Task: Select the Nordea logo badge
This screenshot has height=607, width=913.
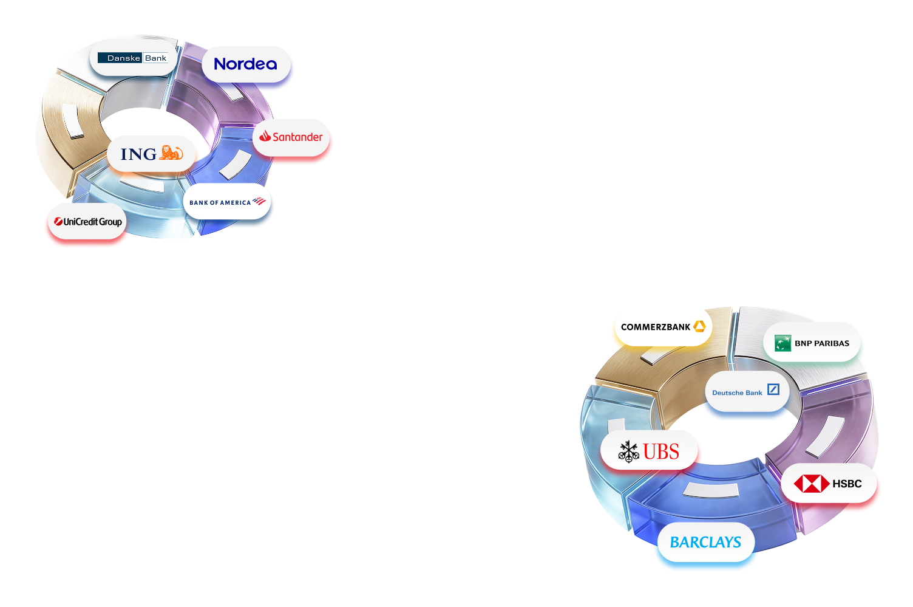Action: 246,64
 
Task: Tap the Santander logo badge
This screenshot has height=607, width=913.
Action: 291,137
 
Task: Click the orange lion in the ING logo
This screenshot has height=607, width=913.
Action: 171,153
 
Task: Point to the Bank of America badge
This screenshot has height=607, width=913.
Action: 228,202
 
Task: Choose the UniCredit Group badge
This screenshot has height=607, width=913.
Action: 86,222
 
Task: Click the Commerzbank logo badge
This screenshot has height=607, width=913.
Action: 662,327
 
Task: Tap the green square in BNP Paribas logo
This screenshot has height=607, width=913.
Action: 782,343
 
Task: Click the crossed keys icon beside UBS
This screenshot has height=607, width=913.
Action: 629,451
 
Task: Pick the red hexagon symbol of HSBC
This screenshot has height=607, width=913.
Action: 811,484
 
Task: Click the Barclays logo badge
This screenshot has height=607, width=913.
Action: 705,542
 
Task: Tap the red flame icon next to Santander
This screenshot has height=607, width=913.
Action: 265,137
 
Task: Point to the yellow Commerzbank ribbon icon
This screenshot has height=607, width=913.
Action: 699,327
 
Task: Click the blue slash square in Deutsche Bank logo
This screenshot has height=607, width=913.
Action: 773,389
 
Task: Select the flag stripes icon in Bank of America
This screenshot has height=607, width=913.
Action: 259,201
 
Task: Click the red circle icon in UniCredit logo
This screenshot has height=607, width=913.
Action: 58,222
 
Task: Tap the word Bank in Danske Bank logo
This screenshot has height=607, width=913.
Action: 155,58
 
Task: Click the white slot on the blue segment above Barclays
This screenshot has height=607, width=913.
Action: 711,490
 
